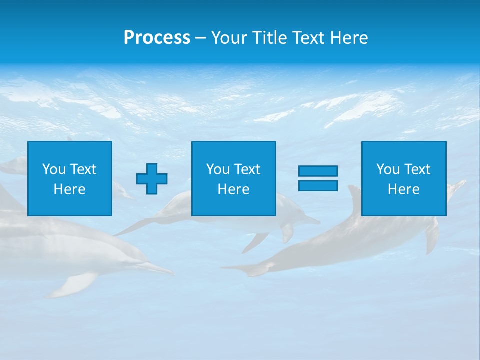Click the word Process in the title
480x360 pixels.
tap(157, 38)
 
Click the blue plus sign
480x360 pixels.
tap(152, 178)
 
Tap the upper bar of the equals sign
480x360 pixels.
tap(318, 171)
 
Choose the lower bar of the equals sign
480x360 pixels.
tap(318, 185)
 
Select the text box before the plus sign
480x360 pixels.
tap(70, 178)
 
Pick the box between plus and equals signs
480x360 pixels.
tap(233, 178)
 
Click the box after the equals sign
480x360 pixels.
tap(404, 178)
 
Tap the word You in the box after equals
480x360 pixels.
tap(388, 169)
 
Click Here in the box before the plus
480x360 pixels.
tap(69, 189)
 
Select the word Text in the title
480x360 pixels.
tap(305, 38)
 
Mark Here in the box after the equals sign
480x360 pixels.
tap(403, 189)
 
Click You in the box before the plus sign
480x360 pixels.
tap(54, 169)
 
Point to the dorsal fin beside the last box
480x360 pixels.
tap(354, 195)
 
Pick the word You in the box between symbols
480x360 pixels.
tap(218, 169)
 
